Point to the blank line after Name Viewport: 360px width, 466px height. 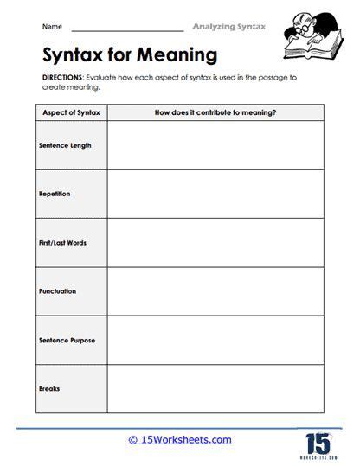pos(121,31)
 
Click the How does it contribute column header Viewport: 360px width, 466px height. pos(215,112)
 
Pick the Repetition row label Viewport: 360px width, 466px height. pos(55,194)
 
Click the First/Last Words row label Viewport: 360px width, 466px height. pos(62,243)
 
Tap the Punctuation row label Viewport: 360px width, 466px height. pos(57,291)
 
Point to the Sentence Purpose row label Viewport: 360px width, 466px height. pos(67,340)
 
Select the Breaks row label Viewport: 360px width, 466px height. pos(49,388)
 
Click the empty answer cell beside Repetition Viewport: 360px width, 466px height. pos(215,194)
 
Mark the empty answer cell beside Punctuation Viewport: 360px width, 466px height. pos(215,291)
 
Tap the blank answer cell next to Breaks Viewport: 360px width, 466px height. pos(215,388)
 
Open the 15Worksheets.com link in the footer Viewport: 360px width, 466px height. pos(179,439)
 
